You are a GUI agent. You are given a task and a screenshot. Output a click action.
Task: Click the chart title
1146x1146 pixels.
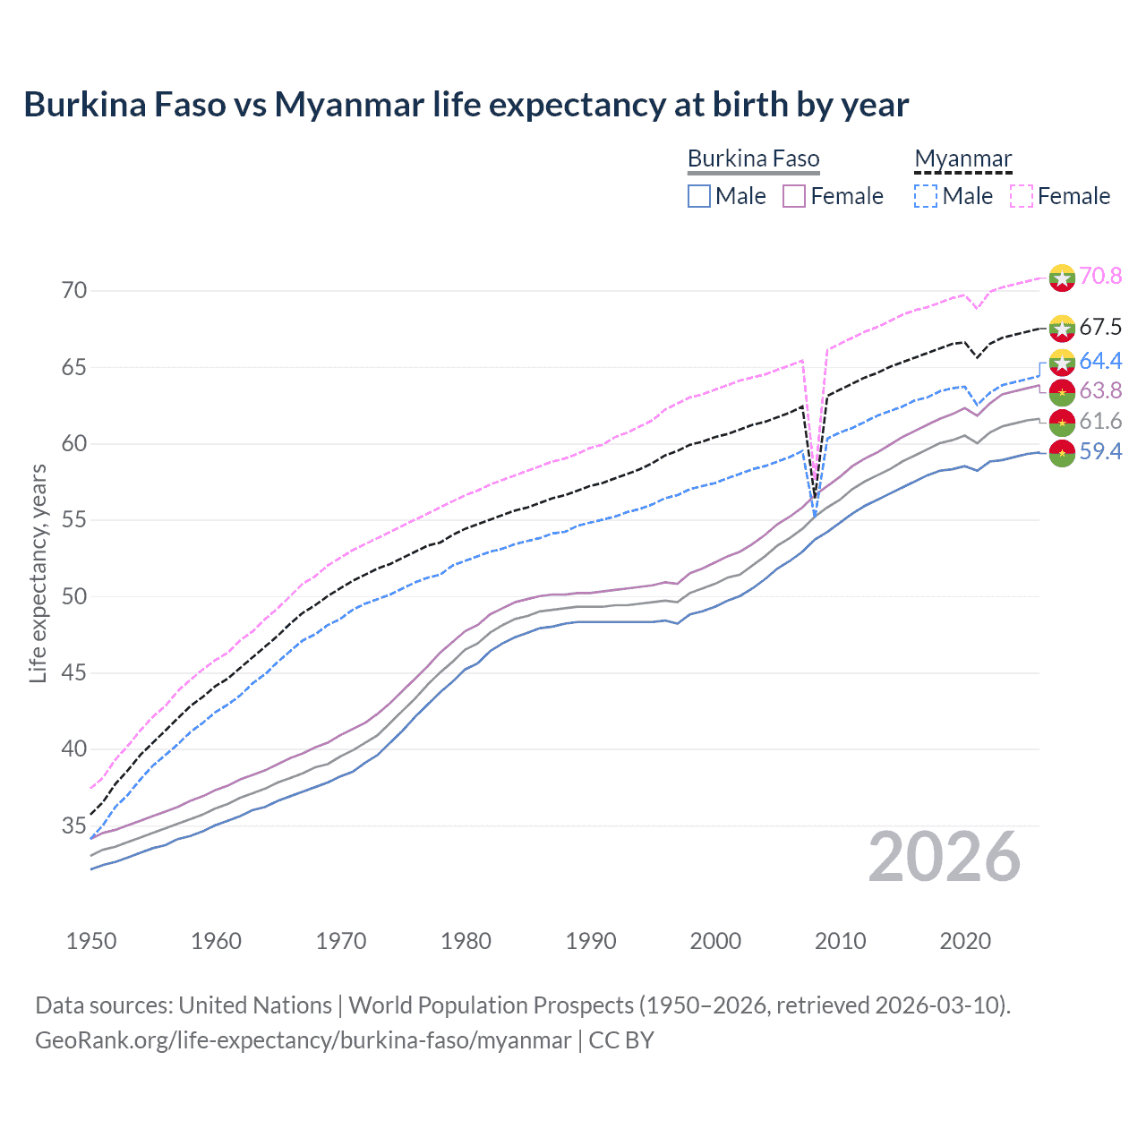[x=466, y=105]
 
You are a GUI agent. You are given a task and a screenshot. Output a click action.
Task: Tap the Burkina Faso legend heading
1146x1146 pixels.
[x=753, y=159]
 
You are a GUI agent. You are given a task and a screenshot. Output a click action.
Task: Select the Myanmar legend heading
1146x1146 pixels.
[x=962, y=159]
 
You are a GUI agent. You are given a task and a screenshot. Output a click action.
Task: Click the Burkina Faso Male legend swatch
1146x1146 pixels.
[x=699, y=196]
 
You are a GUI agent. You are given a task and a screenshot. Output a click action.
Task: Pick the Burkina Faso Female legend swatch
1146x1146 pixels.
[x=795, y=196]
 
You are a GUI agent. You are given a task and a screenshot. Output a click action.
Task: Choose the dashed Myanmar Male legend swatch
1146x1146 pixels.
[x=926, y=196]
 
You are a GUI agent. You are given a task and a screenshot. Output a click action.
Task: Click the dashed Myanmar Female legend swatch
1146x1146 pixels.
[x=1022, y=196]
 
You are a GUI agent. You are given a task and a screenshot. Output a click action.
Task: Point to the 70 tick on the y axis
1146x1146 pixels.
[x=74, y=291]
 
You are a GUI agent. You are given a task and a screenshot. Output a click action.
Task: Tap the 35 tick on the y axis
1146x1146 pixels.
[x=74, y=825]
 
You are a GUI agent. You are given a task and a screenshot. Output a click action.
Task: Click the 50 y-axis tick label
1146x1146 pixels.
[x=74, y=596]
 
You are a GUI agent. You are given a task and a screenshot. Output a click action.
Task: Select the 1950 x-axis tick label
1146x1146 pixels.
[x=91, y=941]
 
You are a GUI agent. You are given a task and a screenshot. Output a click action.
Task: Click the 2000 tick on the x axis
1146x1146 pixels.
[x=715, y=941]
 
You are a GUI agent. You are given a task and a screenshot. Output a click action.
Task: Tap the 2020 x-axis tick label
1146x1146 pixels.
[x=965, y=941]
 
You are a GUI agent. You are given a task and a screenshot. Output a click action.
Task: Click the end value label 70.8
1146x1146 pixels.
[x=1100, y=276]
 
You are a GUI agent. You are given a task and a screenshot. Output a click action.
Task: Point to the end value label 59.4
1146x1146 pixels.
[x=1100, y=451]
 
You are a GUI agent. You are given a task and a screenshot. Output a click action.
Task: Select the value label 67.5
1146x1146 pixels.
[x=1100, y=327]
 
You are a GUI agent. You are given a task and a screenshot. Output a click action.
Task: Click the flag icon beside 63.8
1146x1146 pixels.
[x=1062, y=391]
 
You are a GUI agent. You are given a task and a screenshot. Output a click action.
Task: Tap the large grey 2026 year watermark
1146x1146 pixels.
[x=945, y=857]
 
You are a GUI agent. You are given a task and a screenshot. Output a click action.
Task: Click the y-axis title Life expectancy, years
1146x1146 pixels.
[x=38, y=574]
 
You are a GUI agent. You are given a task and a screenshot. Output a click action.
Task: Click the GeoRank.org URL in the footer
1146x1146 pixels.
[x=303, y=1040]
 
